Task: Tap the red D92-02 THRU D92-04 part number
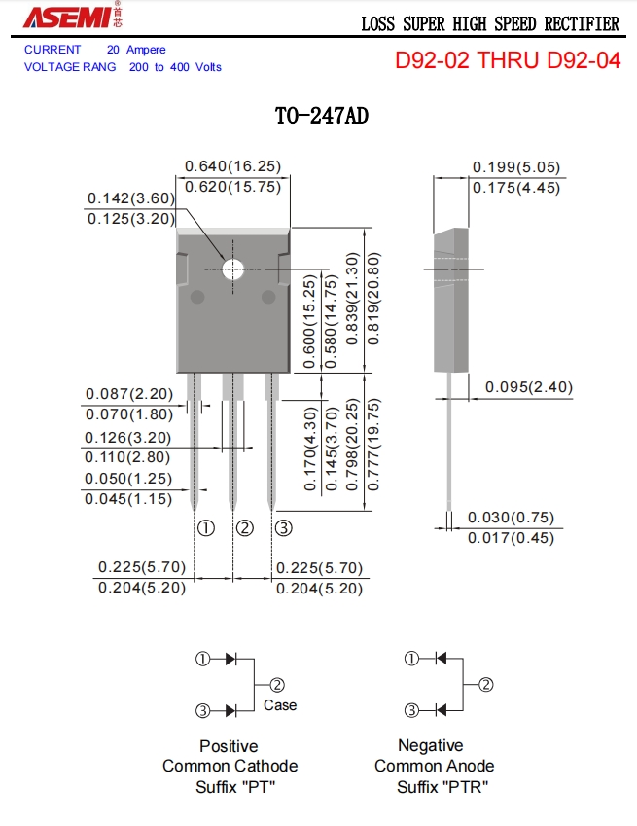click(507, 60)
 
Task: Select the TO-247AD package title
click(322, 117)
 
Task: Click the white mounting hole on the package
click(233, 269)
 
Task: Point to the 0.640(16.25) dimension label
click(232, 166)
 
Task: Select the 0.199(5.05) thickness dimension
click(516, 167)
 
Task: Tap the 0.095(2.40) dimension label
click(528, 387)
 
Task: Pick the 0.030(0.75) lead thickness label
click(511, 518)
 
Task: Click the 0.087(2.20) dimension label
click(129, 394)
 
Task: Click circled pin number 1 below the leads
click(206, 528)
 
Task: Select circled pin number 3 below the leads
click(283, 528)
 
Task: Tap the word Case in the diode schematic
click(280, 705)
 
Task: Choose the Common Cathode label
click(230, 767)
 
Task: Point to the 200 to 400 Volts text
click(175, 67)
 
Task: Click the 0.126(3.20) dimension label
click(127, 437)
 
